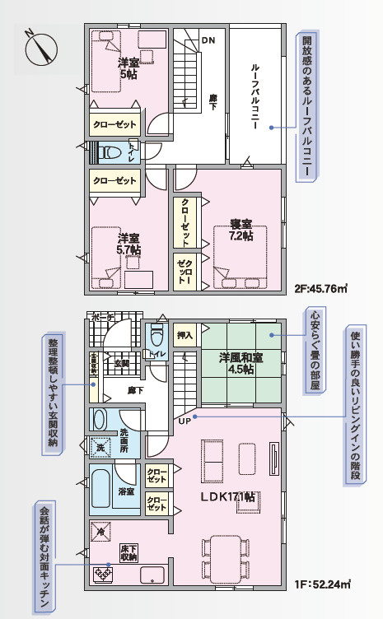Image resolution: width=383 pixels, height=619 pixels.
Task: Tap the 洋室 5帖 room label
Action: pos(128,68)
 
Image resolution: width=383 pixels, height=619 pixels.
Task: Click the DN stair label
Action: pos(208,40)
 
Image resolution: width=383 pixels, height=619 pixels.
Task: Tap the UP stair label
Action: pos(184,421)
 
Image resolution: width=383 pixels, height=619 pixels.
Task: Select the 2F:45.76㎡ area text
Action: pos(320,288)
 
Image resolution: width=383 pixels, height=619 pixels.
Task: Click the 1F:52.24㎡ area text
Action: pos(322,585)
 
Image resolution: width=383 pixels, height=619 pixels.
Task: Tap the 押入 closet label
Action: pos(185,336)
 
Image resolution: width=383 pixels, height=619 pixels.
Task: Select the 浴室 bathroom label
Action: pos(126,491)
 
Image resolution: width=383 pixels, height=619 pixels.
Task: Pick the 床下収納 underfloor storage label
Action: pos(128,552)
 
